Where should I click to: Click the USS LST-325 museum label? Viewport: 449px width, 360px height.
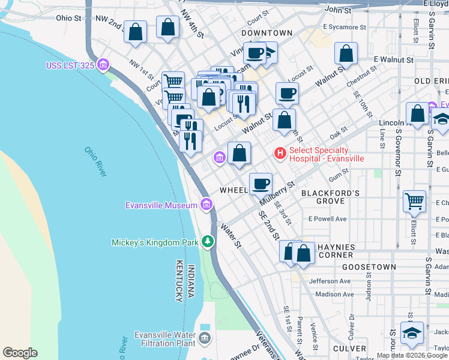(70, 65)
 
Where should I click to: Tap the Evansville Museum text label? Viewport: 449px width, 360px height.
(161, 205)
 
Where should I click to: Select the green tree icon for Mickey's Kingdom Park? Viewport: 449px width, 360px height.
(208, 241)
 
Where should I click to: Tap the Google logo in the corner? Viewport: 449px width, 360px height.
(20, 352)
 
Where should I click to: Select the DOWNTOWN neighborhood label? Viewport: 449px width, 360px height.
(267, 33)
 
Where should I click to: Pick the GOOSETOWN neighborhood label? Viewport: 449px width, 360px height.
(369, 266)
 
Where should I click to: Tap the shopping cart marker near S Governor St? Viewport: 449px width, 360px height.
(414, 202)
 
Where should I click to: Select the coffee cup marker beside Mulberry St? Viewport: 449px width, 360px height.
(260, 184)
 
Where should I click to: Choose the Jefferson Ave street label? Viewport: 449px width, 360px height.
(330, 281)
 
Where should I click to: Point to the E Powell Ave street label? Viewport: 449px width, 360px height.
(327, 219)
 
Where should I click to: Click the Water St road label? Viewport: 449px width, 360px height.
(231, 236)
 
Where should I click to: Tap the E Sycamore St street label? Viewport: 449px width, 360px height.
(344, 28)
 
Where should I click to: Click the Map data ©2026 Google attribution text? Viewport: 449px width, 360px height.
(412, 355)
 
